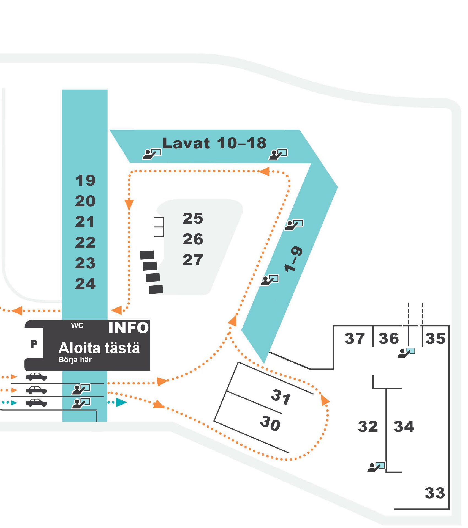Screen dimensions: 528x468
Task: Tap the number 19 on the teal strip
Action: (85, 180)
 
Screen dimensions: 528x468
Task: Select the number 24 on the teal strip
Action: (85, 284)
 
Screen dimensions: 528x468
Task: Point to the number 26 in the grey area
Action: (193, 239)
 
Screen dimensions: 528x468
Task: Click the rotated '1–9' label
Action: (293, 259)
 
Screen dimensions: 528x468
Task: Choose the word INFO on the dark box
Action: (129, 328)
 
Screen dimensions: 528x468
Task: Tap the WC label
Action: (77, 326)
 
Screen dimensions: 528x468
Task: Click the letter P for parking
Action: (34, 344)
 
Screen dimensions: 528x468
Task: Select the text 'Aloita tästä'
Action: (99, 348)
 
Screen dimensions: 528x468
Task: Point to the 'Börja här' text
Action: (75, 360)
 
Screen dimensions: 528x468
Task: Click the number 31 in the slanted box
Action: (281, 397)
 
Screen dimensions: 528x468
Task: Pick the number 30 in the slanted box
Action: (270, 423)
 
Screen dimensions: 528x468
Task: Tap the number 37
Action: (355, 338)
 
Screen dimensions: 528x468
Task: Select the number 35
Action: (435, 338)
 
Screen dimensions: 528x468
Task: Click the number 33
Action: (435, 493)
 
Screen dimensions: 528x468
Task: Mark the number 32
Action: (368, 427)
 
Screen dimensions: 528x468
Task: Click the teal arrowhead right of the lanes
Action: (121, 402)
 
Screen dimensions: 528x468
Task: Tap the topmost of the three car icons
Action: (36, 376)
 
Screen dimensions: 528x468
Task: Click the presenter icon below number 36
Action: (406, 353)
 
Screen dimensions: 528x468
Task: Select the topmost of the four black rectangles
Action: (147, 255)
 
